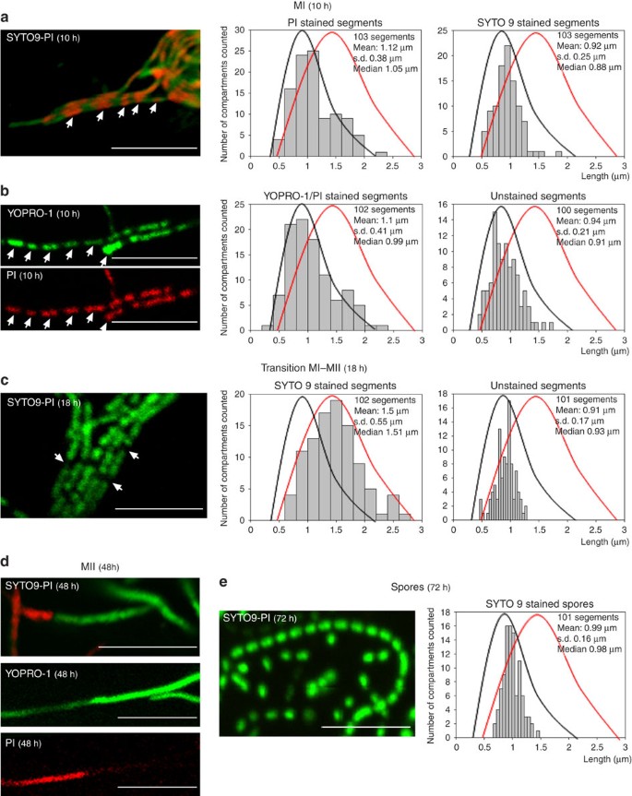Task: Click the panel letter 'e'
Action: [x=224, y=583]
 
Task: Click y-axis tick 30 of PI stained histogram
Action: [x=242, y=30]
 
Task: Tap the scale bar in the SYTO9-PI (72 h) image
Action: [x=365, y=726]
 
